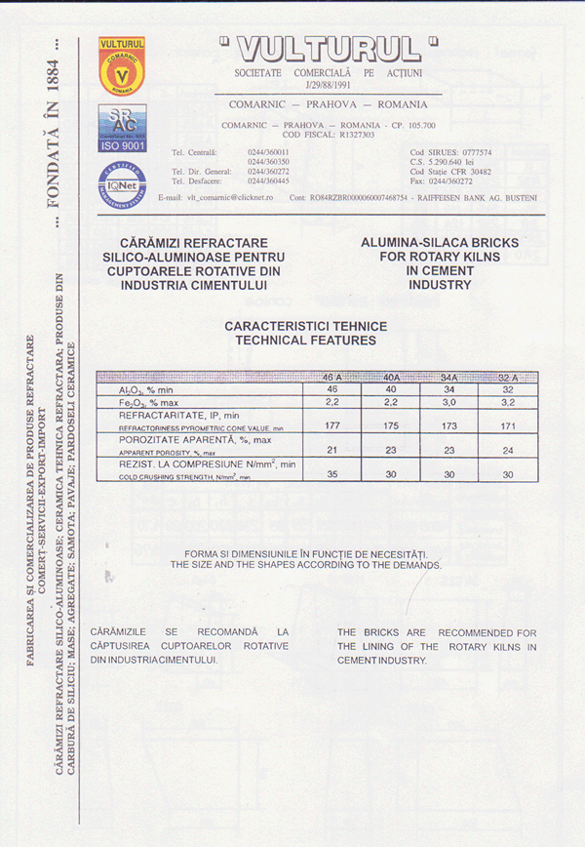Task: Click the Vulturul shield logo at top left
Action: pos(121,66)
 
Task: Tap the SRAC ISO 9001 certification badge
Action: pos(122,128)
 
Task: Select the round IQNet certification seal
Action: pos(121,185)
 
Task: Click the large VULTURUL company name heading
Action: pos(329,48)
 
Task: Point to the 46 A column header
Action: pos(331,378)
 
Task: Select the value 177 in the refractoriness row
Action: pos(331,424)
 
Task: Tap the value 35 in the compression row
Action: pos(331,474)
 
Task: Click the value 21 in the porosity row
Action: pos(331,450)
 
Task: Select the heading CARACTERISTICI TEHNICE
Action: pos(305,327)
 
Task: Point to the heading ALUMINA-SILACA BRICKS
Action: pos(439,241)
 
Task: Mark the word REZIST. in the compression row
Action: pos(127,466)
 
